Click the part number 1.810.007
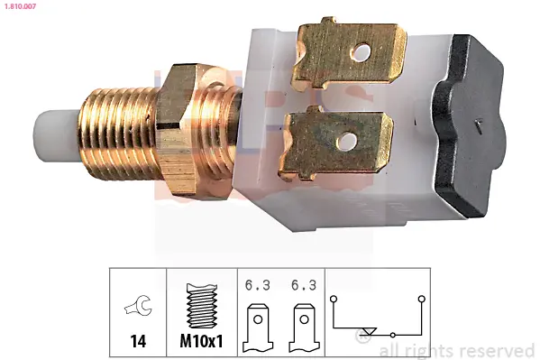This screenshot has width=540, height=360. click(x=20, y=6)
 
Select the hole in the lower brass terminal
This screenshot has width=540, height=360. click(x=347, y=142)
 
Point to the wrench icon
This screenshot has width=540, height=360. click(x=138, y=305)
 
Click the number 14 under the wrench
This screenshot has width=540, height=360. click(x=138, y=341)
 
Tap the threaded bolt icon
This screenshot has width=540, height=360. click(x=202, y=306)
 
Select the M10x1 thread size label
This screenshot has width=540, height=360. click(x=201, y=341)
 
